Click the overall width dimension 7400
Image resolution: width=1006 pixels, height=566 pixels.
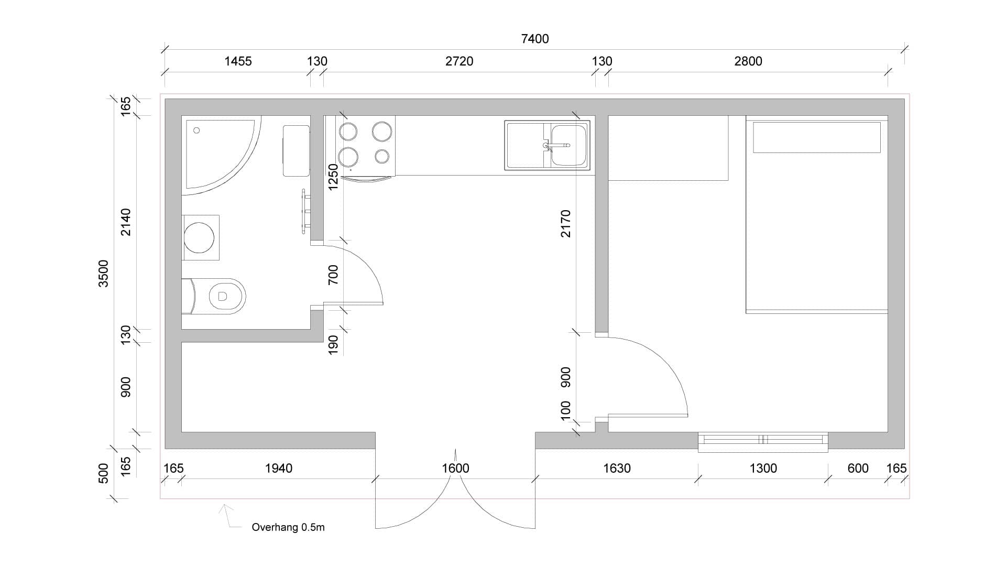[x=535, y=39]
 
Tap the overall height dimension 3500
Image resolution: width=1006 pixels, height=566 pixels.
[x=104, y=274]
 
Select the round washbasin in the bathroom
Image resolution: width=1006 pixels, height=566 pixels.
[x=199, y=237]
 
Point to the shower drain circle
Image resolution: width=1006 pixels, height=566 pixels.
[x=196, y=130]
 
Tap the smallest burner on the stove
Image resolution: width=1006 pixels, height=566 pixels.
[x=382, y=156]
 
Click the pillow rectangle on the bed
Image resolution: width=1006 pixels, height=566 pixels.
[x=816, y=137]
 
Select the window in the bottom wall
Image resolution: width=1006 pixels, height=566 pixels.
[x=763, y=442]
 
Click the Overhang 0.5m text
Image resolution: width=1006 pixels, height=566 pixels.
[x=288, y=527]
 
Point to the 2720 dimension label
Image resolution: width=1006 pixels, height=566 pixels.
[x=459, y=61]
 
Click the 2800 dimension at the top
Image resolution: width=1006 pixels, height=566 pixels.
[x=748, y=61]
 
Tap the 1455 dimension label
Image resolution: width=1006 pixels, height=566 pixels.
[x=238, y=61]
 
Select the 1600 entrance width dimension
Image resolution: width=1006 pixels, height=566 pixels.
[x=455, y=468]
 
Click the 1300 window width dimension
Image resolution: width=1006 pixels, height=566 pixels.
[x=763, y=468]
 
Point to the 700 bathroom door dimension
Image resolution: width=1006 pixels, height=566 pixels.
[x=333, y=275]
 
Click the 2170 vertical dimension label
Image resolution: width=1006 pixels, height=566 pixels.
[x=565, y=224]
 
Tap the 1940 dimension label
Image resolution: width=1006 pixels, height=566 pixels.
[x=279, y=468]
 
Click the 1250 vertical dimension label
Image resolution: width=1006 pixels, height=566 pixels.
[x=333, y=177]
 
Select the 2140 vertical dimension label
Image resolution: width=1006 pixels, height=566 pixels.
[x=126, y=222]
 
